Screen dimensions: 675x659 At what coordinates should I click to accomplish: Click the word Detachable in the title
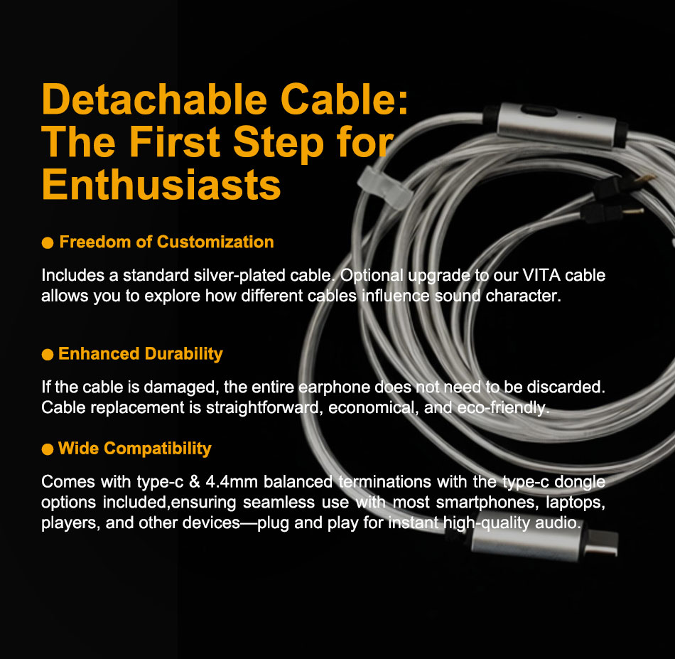click(155, 100)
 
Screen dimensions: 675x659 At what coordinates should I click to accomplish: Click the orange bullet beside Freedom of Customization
click(48, 242)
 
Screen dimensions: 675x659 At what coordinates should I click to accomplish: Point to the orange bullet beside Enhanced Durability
click(48, 355)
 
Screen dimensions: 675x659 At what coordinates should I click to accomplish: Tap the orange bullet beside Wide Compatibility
click(48, 449)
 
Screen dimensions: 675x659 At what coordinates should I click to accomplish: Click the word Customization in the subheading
click(215, 242)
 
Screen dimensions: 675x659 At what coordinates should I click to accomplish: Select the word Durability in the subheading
click(184, 354)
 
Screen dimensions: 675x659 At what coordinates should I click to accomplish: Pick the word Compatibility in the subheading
click(158, 449)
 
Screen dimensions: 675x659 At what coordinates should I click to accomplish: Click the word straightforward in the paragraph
click(264, 408)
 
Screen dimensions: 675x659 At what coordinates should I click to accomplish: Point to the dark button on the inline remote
click(539, 111)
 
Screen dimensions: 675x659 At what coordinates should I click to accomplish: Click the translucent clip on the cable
click(384, 188)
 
